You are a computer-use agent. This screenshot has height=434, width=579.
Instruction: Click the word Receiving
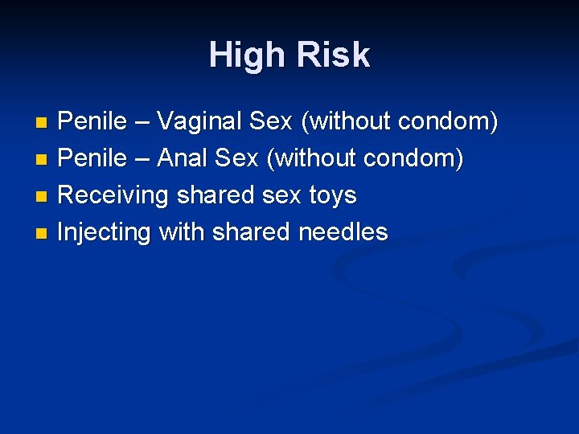[x=114, y=195]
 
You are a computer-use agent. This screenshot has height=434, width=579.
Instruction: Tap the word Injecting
[x=105, y=232]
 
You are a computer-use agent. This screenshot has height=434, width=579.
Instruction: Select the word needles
[x=343, y=232]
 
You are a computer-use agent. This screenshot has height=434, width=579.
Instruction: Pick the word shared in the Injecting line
[x=251, y=232]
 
